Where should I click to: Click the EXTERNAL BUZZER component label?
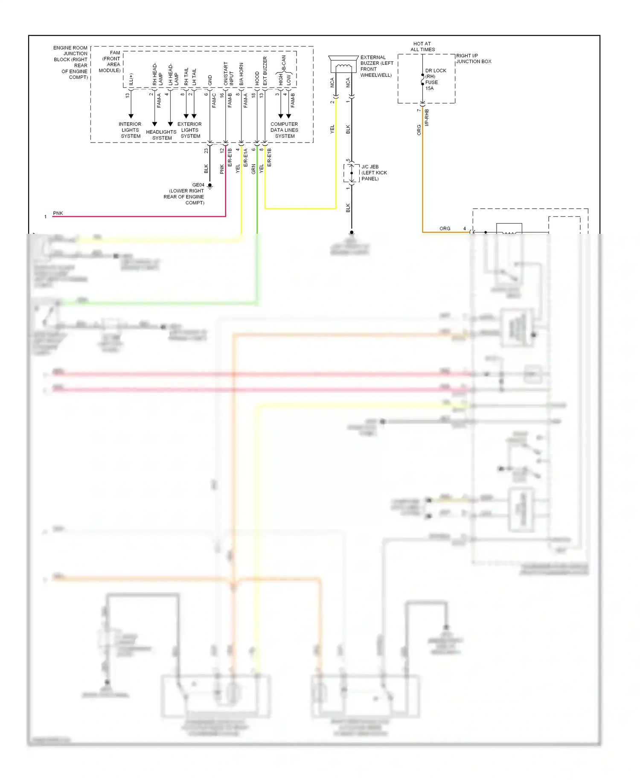tap(376, 66)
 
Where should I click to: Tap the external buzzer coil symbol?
tap(343, 67)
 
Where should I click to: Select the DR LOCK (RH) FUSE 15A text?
tap(435, 79)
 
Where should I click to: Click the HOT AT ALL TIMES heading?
tap(422, 47)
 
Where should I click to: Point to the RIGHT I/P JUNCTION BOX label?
tap(473, 58)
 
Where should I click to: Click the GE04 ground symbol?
tap(210, 186)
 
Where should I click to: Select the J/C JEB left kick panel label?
tap(374, 173)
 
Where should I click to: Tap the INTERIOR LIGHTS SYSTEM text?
tap(130, 130)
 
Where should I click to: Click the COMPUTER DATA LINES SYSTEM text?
tap(284, 130)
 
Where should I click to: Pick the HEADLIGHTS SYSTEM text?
tap(161, 135)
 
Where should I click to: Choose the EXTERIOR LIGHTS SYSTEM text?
tap(190, 130)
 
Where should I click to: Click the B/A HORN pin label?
tap(241, 74)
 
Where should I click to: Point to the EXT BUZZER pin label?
tap(265, 71)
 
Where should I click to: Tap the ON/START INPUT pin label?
tap(228, 73)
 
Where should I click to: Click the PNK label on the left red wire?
tap(58, 213)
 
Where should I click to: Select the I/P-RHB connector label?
tap(427, 117)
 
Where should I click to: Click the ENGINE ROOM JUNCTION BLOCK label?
tap(71, 62)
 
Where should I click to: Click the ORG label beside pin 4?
tap(445, 229)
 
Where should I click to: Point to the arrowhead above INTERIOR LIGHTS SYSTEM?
tap(131, 116)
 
